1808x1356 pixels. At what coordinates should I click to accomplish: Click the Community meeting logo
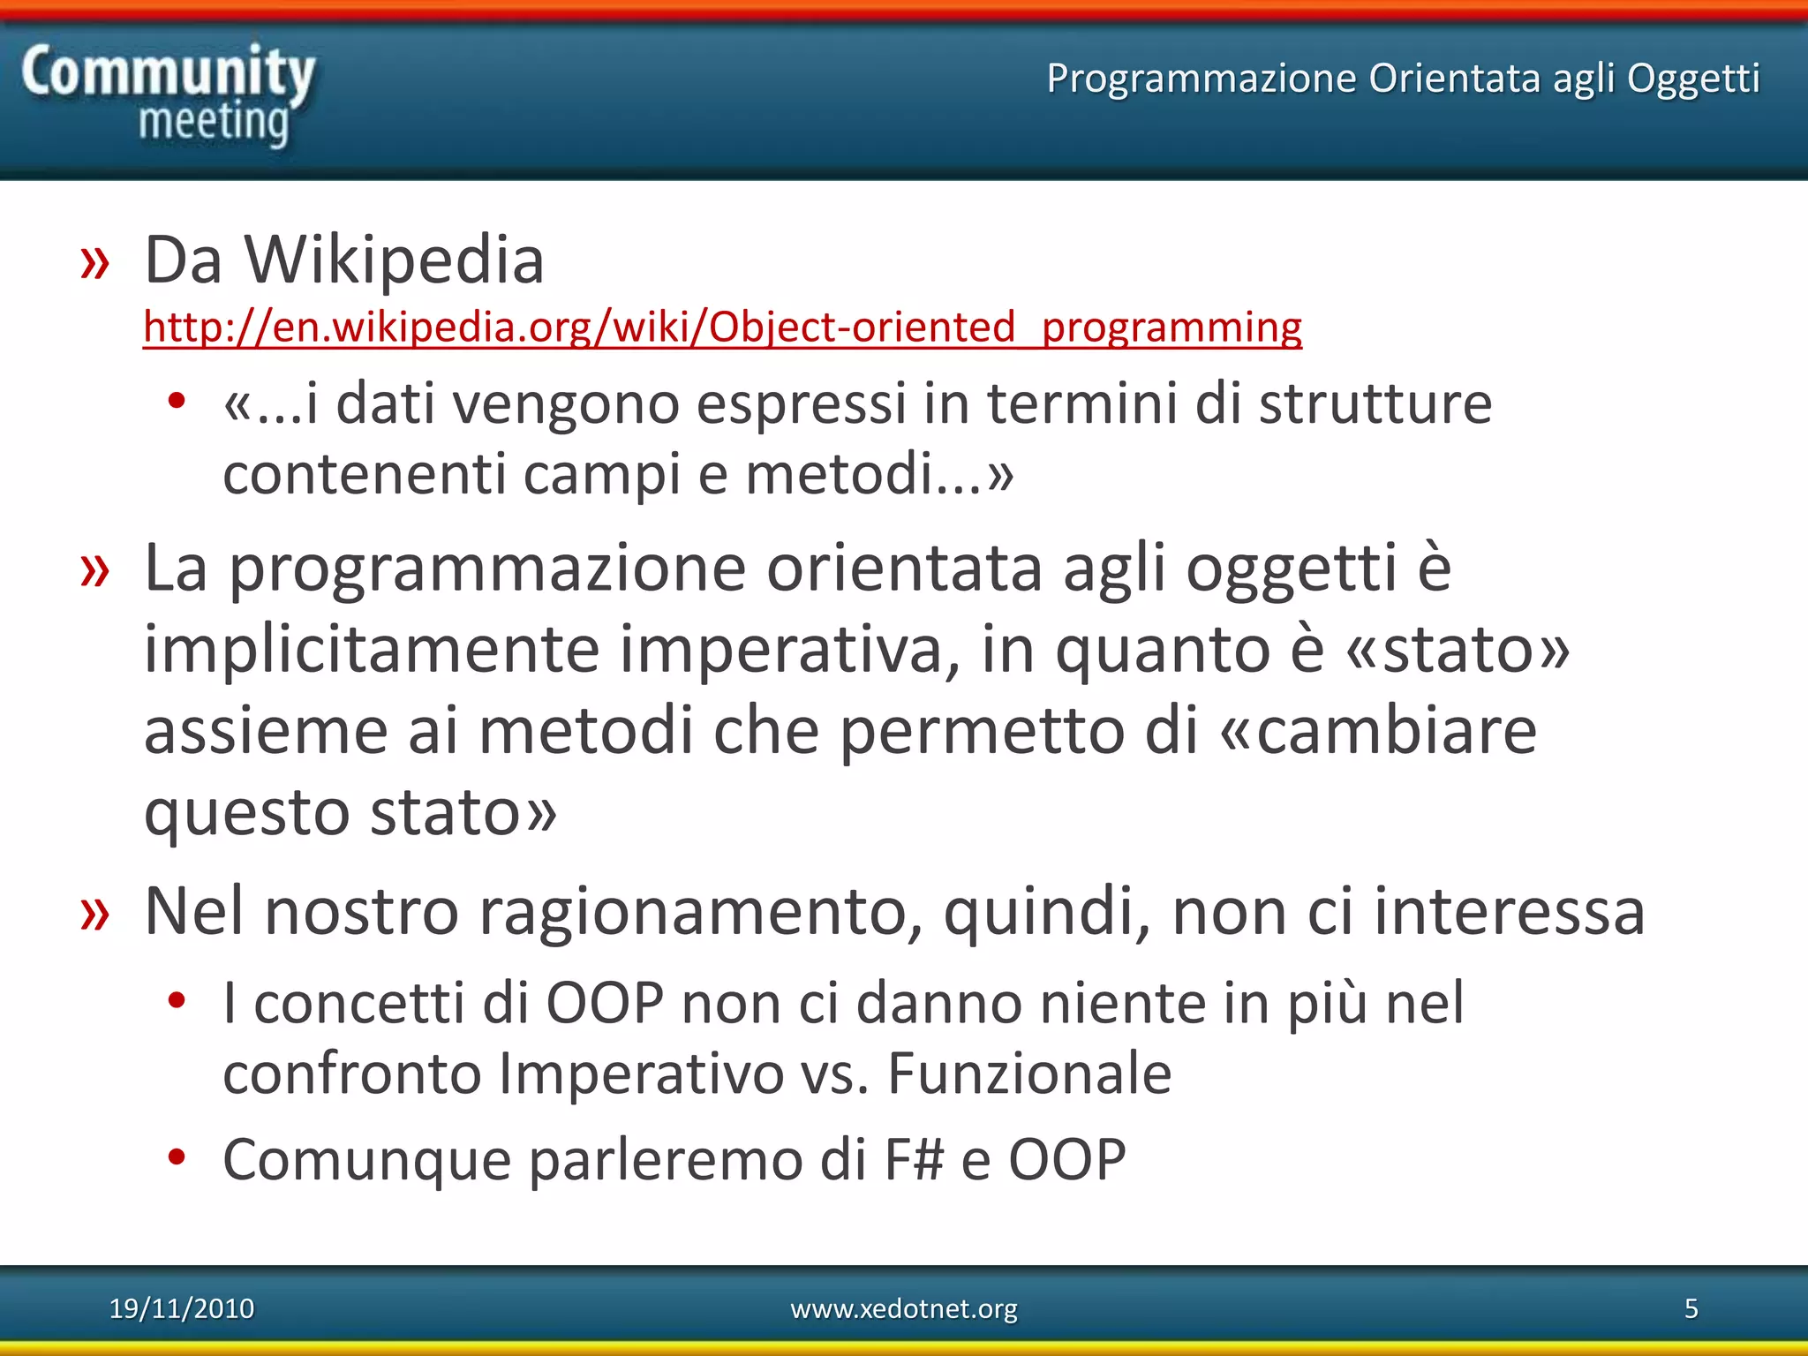pos(168,95)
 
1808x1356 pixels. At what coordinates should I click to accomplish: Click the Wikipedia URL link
pos(722,328)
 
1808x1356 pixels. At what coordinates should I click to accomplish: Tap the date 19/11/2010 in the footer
pos(181,1308)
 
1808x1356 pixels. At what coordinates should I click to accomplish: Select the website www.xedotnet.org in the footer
pos(903,1308)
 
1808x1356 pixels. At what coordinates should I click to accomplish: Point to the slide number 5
pos(1691,1308)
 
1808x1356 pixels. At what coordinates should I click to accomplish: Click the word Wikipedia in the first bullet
pos(394,260)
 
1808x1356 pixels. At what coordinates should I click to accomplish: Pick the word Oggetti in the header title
pos(1692,79)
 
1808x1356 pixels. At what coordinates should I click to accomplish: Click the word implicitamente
pos(372,649)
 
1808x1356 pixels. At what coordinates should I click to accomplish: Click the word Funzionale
pos(1029,1073)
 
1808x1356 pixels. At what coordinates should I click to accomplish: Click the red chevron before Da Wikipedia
pos(94,263)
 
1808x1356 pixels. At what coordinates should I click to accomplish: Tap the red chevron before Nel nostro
pos(94,914)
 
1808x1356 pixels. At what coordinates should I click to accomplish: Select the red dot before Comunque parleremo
pos(177,1156)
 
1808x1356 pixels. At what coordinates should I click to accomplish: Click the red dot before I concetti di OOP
pos(177,1000)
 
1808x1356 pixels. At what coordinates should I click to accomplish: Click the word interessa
pos(1509,911)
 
